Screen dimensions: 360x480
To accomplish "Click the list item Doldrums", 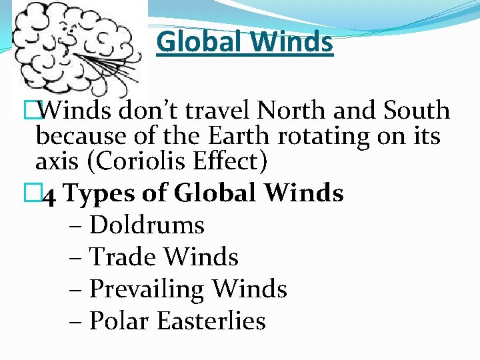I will (147, 225).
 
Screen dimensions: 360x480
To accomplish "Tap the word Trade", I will (123, 257).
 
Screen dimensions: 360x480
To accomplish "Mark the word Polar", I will (119, 321).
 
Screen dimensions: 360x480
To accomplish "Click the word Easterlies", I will (211, 321).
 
